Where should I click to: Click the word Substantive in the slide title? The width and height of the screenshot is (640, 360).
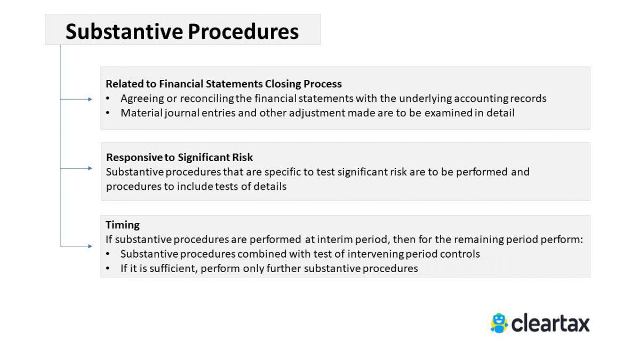tap(123, 31)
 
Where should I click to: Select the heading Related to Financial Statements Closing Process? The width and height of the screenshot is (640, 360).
tap(223, 84)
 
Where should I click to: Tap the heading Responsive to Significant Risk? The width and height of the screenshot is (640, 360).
tap(179, 157)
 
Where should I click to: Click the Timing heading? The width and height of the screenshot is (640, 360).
tap(123, 225)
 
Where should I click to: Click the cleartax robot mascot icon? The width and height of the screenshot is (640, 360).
tap(499, 323)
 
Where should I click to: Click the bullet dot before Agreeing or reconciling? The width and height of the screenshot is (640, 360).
tap(108, 99)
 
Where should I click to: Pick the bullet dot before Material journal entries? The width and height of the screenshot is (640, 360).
tap(108, 113)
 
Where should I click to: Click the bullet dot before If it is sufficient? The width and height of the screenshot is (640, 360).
tap(108, 269)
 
